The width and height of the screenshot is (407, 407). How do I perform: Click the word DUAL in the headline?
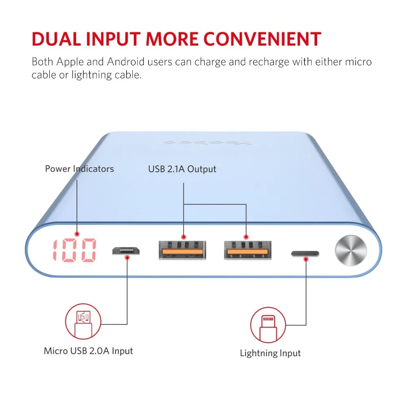point(56,39)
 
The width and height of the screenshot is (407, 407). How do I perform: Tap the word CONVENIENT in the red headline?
point(263,39)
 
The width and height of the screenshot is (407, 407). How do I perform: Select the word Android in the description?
point(126,62)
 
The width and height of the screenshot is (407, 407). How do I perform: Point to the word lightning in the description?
point(92,75)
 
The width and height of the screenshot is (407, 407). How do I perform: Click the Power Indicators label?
point(79,169)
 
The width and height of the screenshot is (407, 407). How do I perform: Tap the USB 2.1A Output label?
point(182,169)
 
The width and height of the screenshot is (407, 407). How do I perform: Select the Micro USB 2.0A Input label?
point(88,351)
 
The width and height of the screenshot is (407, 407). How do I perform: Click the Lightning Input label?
point(270,353)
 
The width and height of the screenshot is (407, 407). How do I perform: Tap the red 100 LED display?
point(74,250)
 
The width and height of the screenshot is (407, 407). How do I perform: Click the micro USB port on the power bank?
point(126,251)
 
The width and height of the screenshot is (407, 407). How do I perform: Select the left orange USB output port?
point(182,250)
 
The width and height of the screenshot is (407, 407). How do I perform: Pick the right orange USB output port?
point(247,250)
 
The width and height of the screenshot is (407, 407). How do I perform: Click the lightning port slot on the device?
point(305,254)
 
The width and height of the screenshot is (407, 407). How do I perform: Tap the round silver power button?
point(351,250)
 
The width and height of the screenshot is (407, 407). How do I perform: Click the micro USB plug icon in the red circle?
point(83,322)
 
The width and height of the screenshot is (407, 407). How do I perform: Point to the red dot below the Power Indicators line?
point(77,234)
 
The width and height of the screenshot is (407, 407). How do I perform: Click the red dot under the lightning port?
point(306,259)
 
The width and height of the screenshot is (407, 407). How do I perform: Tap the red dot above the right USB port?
point(246,237)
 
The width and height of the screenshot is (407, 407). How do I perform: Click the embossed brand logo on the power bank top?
point(207,142)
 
